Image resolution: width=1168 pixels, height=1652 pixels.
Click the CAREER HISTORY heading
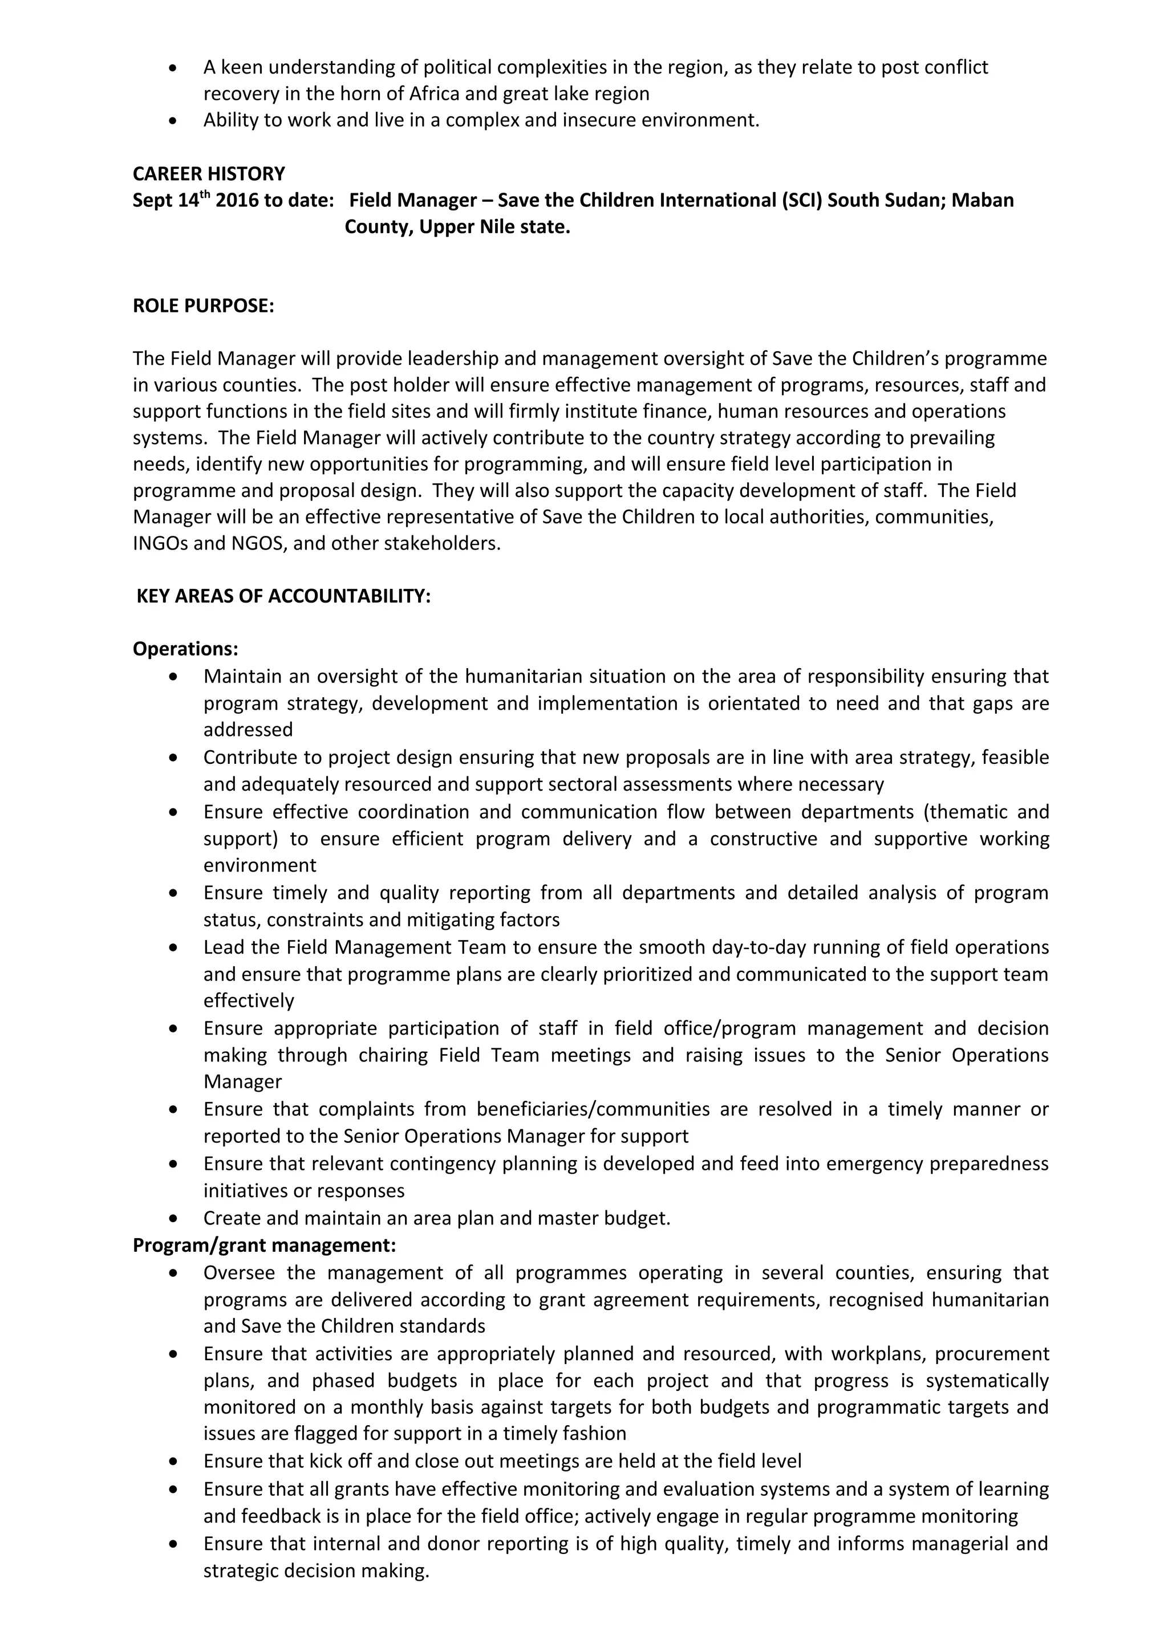(209, 174)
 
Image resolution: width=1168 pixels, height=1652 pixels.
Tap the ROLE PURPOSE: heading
(204, 306)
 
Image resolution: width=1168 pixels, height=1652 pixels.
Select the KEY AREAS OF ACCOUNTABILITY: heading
(283, 596)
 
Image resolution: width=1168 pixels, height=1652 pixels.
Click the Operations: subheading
(185, 649)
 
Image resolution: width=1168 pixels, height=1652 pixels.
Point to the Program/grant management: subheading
(264, 1246)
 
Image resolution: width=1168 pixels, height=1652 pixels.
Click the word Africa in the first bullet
(437, 94)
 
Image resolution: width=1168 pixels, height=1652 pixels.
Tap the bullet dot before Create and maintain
(173, 1219)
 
